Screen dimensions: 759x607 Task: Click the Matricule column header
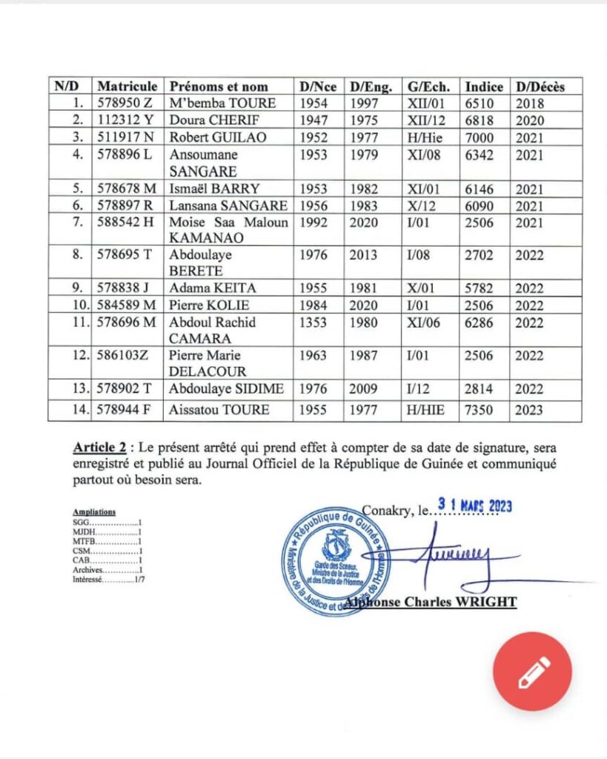click(x=127, y=86)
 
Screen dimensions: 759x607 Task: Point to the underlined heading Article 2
click(x=99, y=448)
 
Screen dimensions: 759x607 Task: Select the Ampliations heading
click(x=94, y=512)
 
